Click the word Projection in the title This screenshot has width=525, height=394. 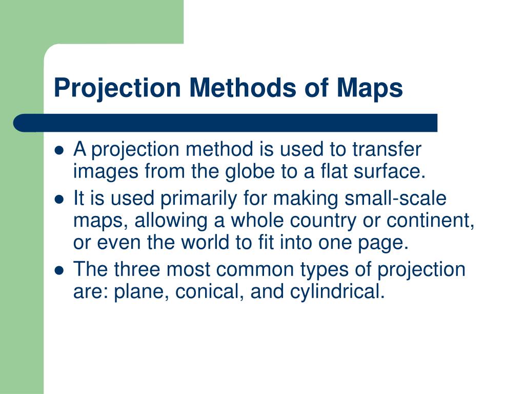[x=117, y=88]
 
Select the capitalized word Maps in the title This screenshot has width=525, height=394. [x=370, y=88]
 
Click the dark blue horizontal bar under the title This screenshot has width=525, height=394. [x=226, y=123]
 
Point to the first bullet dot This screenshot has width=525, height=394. [x=59, y=151]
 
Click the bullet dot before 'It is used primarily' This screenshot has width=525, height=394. [x=59, y=199]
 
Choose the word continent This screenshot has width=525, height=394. [x=429, y=221]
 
